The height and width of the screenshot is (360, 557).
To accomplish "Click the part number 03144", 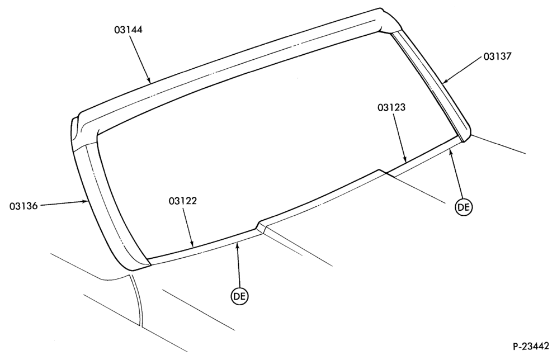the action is click(128, 30).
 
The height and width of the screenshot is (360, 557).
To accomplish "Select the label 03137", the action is click(497, 56).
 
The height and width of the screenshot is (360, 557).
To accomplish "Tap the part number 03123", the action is click(391, 107).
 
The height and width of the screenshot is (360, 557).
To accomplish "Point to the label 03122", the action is click(182, 201).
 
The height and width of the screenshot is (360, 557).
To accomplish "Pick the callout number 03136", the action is click(23, 206).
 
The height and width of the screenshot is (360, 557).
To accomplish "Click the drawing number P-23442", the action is click(531, 346).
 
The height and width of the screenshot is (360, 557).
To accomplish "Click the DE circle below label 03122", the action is click(240, 296).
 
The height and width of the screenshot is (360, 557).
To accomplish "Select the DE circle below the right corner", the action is click(464, 207).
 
